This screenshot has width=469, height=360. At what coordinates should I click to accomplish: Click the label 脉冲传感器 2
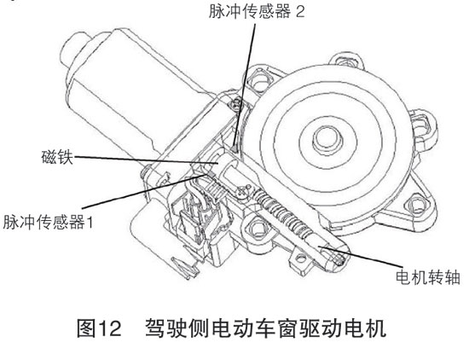click(x=257, y=11)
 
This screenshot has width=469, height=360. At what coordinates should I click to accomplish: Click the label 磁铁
click(x=57, y=156)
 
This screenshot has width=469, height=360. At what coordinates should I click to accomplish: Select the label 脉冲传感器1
click(x=48, y=222)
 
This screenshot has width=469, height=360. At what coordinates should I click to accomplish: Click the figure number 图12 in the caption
click(x=99, y=328)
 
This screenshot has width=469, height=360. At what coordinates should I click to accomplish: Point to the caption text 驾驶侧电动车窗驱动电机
click(x=266, y=328)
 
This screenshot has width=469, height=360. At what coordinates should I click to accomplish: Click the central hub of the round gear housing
click(x=327, y=140)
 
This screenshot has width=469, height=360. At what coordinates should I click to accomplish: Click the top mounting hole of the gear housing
click(x=347, y=62)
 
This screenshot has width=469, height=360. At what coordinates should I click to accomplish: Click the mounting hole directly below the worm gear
click(x=258, y=229)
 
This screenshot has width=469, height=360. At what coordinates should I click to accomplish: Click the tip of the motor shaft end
click(x=339, y=258)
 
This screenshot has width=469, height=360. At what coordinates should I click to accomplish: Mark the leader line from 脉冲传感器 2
click(x=246, y=87)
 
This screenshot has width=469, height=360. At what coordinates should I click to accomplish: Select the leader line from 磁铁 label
click(x=147, y=160)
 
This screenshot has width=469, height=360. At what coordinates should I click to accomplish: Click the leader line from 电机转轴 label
click(x=360, y=256)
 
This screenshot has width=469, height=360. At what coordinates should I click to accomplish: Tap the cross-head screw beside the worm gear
click(x=243, y=189)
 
